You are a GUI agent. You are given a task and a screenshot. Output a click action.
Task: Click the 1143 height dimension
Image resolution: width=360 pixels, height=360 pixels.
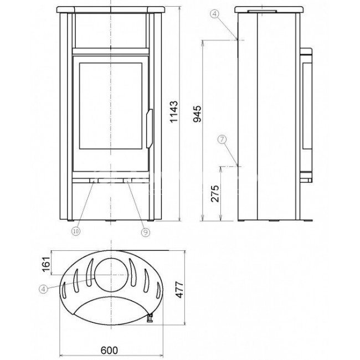tap(173, 111)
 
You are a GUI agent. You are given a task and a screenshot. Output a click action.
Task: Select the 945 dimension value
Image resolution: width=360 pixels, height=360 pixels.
tap(197, 114)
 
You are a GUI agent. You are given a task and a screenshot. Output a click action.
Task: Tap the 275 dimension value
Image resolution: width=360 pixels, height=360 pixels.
tap(215, 193)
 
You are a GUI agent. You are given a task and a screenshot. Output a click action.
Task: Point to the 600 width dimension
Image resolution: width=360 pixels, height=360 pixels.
tap(109, 350)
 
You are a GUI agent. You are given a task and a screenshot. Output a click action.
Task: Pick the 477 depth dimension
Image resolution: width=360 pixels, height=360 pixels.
tap(179, 290)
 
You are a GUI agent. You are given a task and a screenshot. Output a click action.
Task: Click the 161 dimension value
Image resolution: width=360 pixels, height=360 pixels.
tap(46, 264)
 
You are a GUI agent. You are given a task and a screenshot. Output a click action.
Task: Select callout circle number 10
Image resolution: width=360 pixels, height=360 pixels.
tap(76, 231)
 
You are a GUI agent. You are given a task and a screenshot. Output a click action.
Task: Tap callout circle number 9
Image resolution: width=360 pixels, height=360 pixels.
tap(145, 233)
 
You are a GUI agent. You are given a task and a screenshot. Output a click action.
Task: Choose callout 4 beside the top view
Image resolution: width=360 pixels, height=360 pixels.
tap(43, 289)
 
